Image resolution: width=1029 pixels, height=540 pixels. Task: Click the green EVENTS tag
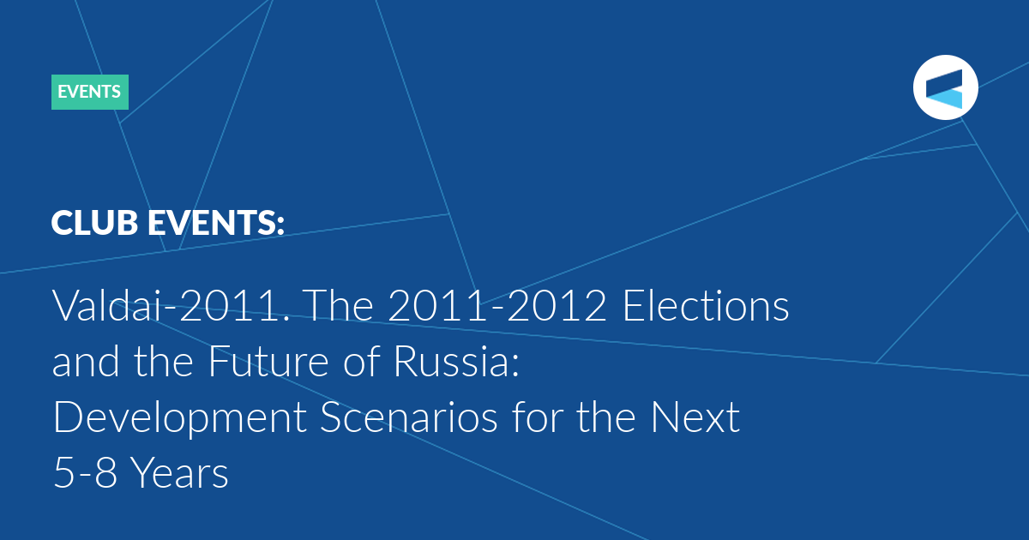tap(90, 92)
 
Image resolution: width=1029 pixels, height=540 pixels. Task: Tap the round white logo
tap(945, 87)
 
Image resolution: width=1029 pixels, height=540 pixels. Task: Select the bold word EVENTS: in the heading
tap(216, 223)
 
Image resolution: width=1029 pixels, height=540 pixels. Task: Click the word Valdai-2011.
tap(171, 305)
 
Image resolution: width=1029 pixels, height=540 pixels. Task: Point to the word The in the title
tap(338, 305)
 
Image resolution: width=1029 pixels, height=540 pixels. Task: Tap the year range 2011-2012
tap(497, 305)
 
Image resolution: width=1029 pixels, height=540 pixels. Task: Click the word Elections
tap(706, 305)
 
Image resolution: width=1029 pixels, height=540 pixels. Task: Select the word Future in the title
tap(268, 361)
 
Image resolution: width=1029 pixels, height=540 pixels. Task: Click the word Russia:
tap(456, 361)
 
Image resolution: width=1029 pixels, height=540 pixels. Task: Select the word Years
tap(179, 472)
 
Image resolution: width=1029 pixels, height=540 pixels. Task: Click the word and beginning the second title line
tap(86, 361)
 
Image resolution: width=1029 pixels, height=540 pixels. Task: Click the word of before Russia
tap(363, 361)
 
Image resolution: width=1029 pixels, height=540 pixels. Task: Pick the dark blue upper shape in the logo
tap(944, 82)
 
